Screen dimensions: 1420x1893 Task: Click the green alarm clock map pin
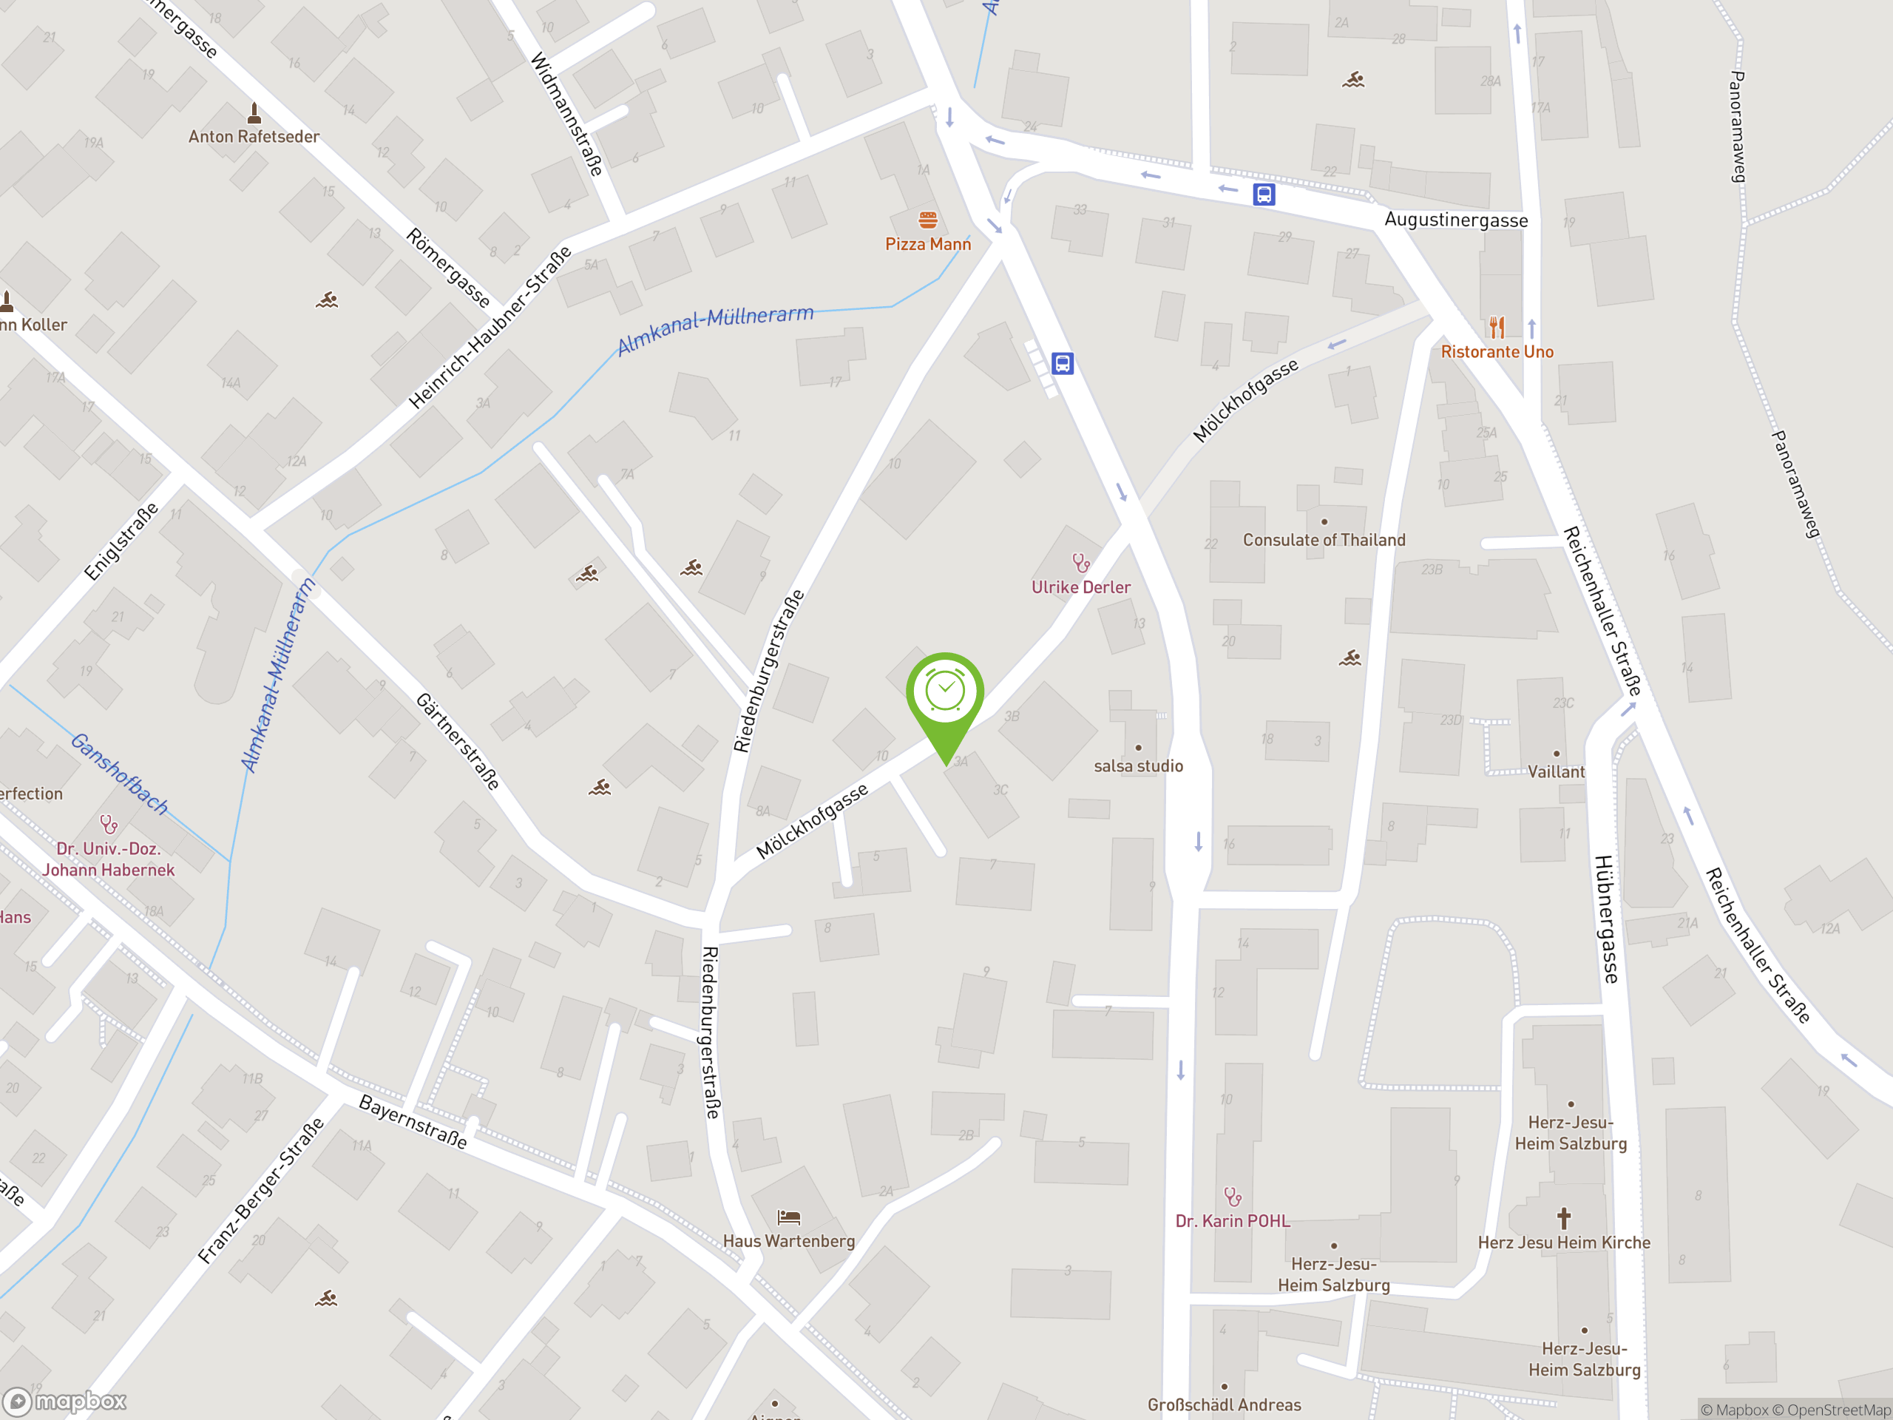[x=945, y=692]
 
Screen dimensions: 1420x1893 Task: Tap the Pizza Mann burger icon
[x=928, y=220]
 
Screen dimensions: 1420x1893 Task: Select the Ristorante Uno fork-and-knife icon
[x=1497, y=327]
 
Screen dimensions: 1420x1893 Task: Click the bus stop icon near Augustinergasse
[x=1264, y=195]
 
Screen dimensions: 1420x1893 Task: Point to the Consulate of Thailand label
[x=1324, y=540]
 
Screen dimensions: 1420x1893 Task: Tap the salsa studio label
[x=1138, y=766]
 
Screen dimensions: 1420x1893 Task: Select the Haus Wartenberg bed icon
[x=788, y=1217]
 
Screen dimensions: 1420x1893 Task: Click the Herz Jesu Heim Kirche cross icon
[x=1563, y=1218]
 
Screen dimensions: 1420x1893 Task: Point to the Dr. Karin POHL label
[x=1233, y=1222]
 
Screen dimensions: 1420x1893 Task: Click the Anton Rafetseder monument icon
[x=254, y=113]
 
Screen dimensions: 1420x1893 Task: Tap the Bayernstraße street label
[x=413, y=1121]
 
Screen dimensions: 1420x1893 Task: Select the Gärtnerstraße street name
[x=458, y=741]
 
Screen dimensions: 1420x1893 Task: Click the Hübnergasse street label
[x=1606, y=919]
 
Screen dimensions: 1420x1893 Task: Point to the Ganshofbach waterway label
[x=119, y=773]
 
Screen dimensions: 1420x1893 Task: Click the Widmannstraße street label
[x=566, y=114]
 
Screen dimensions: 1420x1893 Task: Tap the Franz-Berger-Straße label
[x=261, y=1191]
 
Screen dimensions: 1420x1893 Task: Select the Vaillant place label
[x=1556, y=772]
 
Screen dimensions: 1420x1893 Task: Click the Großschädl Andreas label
[x=1224, y=1404]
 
